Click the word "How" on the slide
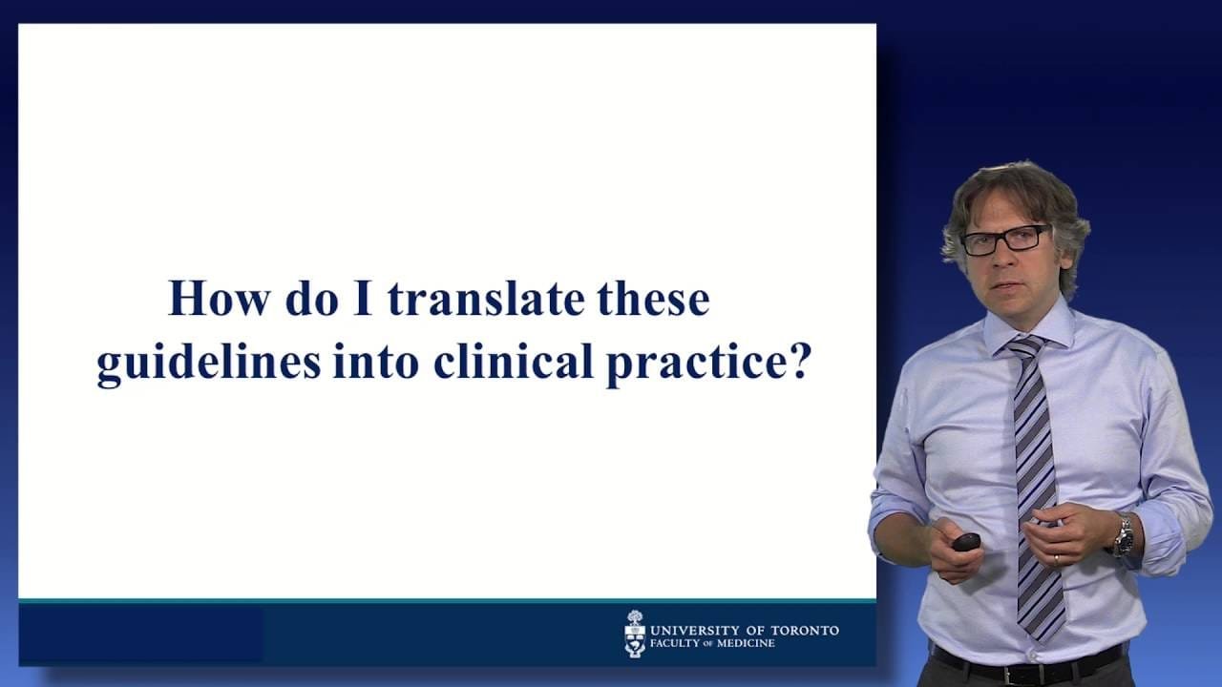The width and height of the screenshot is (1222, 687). [220, 299]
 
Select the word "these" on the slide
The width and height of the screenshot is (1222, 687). [654, 299]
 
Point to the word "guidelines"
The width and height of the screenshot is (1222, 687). [208, 363]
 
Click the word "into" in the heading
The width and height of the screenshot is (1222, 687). [376, 362]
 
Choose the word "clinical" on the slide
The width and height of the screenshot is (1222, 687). [514, 361]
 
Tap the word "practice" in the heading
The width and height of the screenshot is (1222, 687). [693, 364]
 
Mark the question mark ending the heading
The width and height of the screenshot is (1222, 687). [794, 361]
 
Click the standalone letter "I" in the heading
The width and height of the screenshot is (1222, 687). [363, 299]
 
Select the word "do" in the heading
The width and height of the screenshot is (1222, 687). [312, 299]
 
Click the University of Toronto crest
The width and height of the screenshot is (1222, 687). [635, 634]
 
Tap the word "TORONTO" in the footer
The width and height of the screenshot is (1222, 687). [805, 631]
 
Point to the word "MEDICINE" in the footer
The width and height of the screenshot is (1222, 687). [746, 643]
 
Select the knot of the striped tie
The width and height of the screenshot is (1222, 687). [1025, 346]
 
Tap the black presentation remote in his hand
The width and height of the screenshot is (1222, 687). [967, 542]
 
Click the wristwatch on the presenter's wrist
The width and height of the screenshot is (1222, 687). [1124, 535]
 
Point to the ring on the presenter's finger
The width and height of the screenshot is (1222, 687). [1056, 559]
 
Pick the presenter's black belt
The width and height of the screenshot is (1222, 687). [1025, 659]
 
